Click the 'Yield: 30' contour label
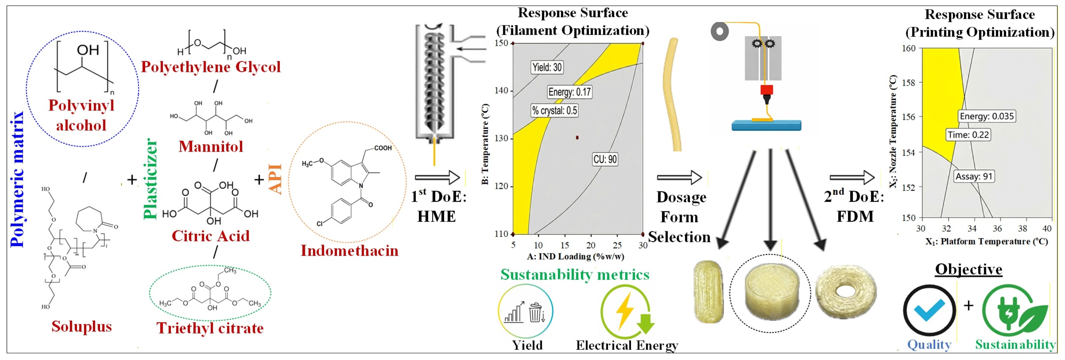547,67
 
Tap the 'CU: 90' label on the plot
605,159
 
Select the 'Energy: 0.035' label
987,116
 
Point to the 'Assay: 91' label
973,177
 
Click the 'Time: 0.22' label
968,135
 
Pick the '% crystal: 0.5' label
554,110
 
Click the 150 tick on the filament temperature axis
501,43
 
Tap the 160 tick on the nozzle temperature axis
908,48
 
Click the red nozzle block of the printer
766,90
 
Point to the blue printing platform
766,125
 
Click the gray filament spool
720,31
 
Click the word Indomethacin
349,251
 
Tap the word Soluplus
81,326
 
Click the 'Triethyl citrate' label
210,328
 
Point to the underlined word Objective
969,270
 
